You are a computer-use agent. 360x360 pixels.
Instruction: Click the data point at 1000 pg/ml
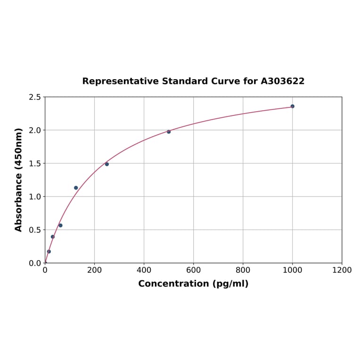[x=292, y=106]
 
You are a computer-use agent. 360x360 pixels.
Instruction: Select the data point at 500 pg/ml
[x=169, y=132]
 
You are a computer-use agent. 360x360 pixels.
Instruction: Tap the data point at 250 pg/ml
[x=107, y=164]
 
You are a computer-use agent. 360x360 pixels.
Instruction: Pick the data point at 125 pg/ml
[x=76, y=188]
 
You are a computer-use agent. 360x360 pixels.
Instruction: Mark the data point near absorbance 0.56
[x=60, y=226]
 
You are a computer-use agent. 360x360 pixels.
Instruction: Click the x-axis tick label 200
[x=94, y=270]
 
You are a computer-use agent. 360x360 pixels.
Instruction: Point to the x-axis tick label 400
[x=144, y=270]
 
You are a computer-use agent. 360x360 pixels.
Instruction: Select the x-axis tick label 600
[x=193, y=270]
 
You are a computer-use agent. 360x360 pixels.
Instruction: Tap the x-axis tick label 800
[x=243, y=270]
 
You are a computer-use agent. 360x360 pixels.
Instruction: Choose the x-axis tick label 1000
[x=292, y=270]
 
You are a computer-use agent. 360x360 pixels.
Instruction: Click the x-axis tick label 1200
[x=342, y=270]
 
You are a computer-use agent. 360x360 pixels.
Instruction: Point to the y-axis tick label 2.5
[x=35, y=97]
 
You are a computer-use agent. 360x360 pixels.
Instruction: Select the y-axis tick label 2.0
[x=35, y=130]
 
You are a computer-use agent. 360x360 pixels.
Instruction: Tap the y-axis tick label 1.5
[x=35, y=164]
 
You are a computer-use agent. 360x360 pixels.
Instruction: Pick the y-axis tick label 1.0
[x=35, y=196]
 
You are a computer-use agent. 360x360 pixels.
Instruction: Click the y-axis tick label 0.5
[x=35, y=230]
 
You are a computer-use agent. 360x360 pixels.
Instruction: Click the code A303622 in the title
[x=283, y=82]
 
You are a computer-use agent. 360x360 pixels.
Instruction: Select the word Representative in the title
[x=120, y=82]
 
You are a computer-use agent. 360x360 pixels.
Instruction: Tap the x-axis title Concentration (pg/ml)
[x=193, y=284]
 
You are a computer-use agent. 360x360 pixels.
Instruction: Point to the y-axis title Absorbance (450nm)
[x=19, y=180]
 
